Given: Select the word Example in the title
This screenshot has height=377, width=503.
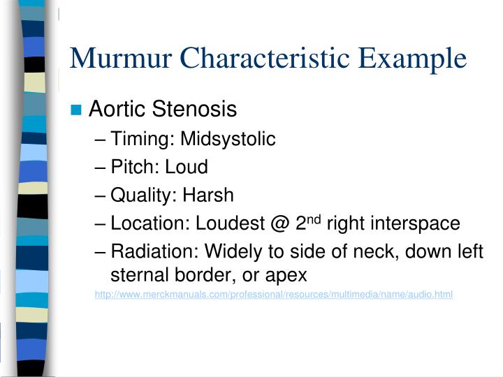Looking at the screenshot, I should click(414, 58).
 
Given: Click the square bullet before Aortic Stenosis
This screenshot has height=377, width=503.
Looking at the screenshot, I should click(77, 110).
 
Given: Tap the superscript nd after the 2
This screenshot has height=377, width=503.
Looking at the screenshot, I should click(314, 219).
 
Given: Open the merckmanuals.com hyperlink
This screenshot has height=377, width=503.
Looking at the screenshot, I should click(274, 295).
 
